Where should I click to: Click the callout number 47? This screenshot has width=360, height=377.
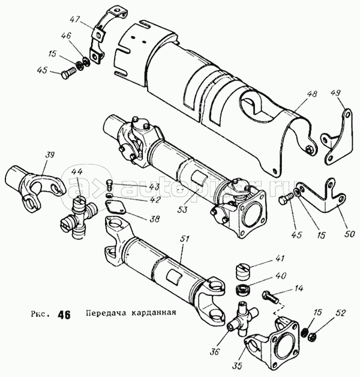[75, 19]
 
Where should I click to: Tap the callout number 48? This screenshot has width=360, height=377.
[311, 94]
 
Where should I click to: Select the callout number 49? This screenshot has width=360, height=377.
[335, 94]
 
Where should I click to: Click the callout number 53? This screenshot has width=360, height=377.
[183, 210]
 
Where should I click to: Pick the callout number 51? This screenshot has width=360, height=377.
[184, 240]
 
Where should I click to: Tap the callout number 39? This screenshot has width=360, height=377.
[49, 155]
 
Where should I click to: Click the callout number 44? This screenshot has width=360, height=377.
[77, 172]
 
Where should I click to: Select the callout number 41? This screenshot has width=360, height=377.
[279, 259]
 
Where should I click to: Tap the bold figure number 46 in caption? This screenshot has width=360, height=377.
[64, 315]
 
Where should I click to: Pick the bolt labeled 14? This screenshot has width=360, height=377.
[270, 297]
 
